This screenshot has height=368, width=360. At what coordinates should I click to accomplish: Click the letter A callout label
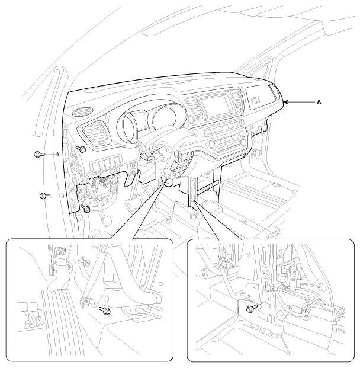319,103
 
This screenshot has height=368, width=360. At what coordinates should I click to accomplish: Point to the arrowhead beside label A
286,102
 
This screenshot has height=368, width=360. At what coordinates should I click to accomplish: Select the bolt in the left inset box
105,311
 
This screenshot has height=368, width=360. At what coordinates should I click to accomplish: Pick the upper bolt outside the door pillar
39,154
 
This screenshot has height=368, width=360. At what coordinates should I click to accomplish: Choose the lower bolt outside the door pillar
45,196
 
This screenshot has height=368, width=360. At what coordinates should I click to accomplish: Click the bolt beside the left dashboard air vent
81,149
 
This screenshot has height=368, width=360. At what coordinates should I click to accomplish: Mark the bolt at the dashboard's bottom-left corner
85,208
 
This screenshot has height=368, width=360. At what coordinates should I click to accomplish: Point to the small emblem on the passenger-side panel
255,101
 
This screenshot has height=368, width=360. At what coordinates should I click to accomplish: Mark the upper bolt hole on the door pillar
57,154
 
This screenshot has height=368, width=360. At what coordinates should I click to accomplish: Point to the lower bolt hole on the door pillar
63,196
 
